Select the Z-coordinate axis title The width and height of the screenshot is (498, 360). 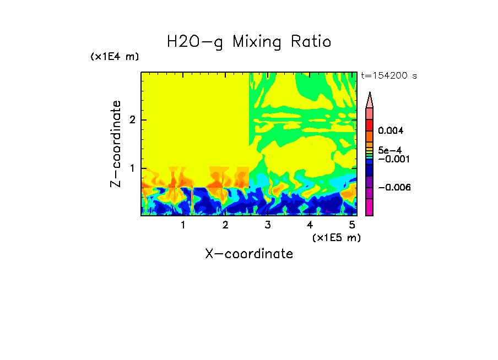click(x=116, y=144)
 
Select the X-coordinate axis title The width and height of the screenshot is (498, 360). click(x=249, y=254)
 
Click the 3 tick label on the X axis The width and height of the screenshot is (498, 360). click(x=268, y=225)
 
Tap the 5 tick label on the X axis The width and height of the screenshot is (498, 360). click(x=352, y=225)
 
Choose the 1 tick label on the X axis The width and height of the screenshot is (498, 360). click(x=183, y=225)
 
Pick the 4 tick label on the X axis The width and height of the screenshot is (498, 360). click(x=310, y=225)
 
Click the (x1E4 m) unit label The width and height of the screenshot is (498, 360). click(x=115, y=57)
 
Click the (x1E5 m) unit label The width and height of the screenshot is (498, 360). click(x=336, y=237)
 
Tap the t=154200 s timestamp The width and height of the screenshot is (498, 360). click(x=388, y=76)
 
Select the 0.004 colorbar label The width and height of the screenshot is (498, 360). click(x=391, y=131)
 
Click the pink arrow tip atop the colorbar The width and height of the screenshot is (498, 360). click(x=370, y=100)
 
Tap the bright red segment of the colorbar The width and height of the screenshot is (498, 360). click(x=370, y=125)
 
